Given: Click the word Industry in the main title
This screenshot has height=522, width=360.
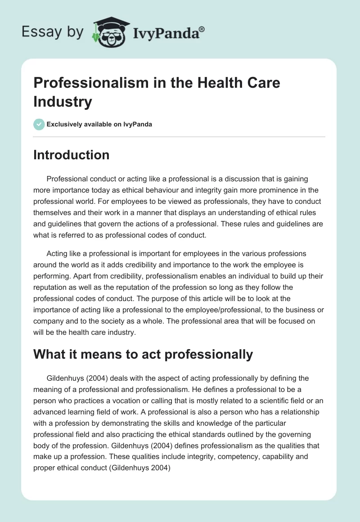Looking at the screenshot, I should pyautogui.click(x=63, y=102).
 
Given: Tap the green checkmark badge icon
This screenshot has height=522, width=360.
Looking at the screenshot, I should pyautogui.click(x=39, y=124).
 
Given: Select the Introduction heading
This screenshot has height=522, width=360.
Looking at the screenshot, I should pyautogui.click(x=72, y=155).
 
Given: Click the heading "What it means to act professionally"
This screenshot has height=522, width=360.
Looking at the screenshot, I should pyautogui.click(x=143, y=354).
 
